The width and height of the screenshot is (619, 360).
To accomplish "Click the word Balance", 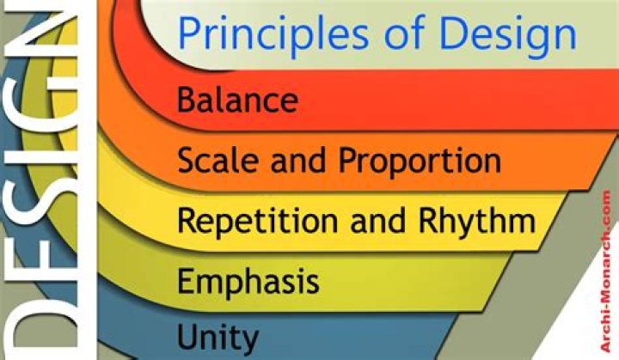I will [x=237, y=99].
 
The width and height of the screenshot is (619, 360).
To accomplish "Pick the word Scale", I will [x=216, y=159].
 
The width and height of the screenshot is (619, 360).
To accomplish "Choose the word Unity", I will [x=218, y=336].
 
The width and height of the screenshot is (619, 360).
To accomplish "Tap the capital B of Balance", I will [x=187, y=99].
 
